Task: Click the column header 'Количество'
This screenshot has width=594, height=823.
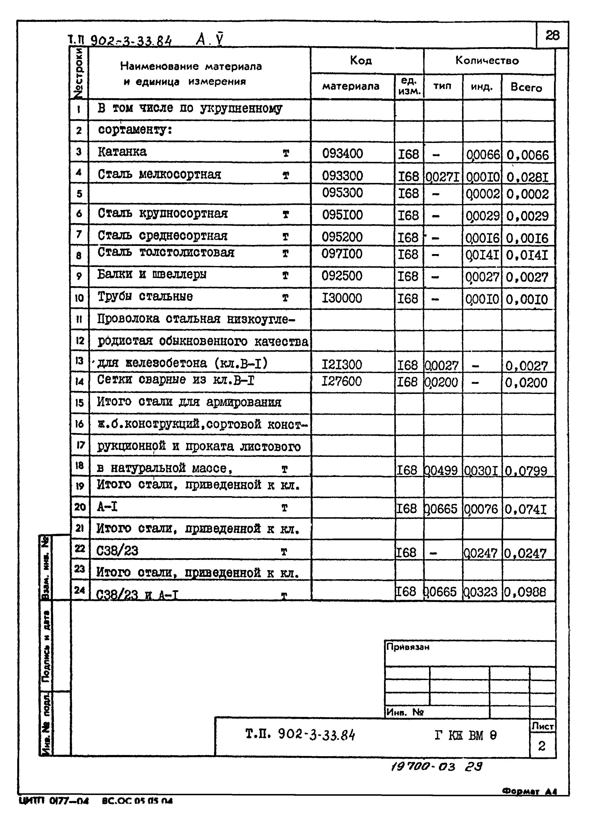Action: click(487, 61)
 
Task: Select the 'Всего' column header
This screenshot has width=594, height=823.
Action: click(526, 87)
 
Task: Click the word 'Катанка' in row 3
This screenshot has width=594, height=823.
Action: click(122, 152)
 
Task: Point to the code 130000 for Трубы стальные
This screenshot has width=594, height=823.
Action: click(341, 298)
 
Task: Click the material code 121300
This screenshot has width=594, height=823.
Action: click(341, 364)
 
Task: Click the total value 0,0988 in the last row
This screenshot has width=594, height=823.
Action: click(525, 592)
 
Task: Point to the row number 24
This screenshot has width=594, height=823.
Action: click(79, 590)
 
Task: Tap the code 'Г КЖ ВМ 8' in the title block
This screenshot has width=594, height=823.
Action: click(465, 735)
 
